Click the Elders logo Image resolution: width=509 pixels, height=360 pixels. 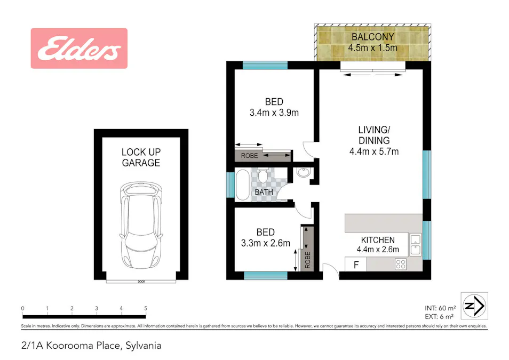click(79, 49)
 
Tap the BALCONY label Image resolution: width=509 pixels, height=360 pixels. click(372, 37)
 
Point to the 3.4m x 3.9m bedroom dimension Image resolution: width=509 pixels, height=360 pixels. click(274, 113)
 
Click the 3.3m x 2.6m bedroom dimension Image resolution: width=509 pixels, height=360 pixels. click(266, 243)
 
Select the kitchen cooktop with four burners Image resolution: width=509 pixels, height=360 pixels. click(401, 264)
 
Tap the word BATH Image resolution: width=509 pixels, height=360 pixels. click(264, 192)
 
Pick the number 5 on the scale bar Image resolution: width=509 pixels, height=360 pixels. click(145, 308)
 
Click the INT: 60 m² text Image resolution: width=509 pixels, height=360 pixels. click(440, 308)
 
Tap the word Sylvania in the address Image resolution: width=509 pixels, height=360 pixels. click(143, 346)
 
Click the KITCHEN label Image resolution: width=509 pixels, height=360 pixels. click(378, 240)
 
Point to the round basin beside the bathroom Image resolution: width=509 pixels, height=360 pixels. click(303, 172)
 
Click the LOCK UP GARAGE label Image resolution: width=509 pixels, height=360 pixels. click(141, 157)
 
